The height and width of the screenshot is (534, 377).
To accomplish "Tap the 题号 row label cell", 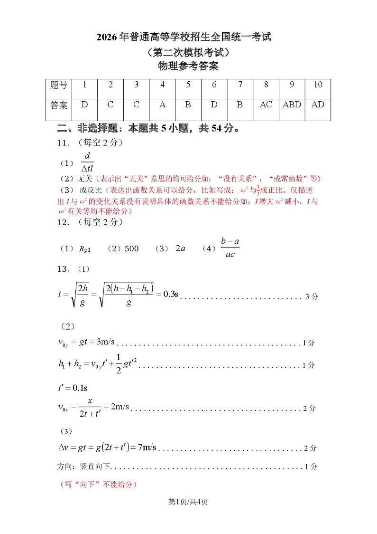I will click(x=58, y=85).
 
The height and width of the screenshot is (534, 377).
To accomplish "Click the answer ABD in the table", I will click(x=292, y=105).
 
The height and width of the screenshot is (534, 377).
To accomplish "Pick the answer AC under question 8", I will click(x=266, y=105).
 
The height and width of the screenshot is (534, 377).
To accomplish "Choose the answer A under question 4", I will click(x=162, y=105).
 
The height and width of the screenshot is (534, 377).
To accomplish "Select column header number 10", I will click(x=318, y=85).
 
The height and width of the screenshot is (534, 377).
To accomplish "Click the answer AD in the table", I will click(x=318, y=105).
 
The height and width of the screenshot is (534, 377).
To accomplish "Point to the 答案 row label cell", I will click(x=58, y=105).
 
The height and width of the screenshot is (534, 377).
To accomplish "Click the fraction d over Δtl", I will click(x=87, y=162).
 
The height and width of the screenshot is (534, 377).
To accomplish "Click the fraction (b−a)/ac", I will click(x=230, y=248).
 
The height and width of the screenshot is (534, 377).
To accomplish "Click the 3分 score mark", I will click(x=312, y=297).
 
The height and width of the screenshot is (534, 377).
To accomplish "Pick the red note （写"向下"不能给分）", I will click(x=98, y=485).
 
